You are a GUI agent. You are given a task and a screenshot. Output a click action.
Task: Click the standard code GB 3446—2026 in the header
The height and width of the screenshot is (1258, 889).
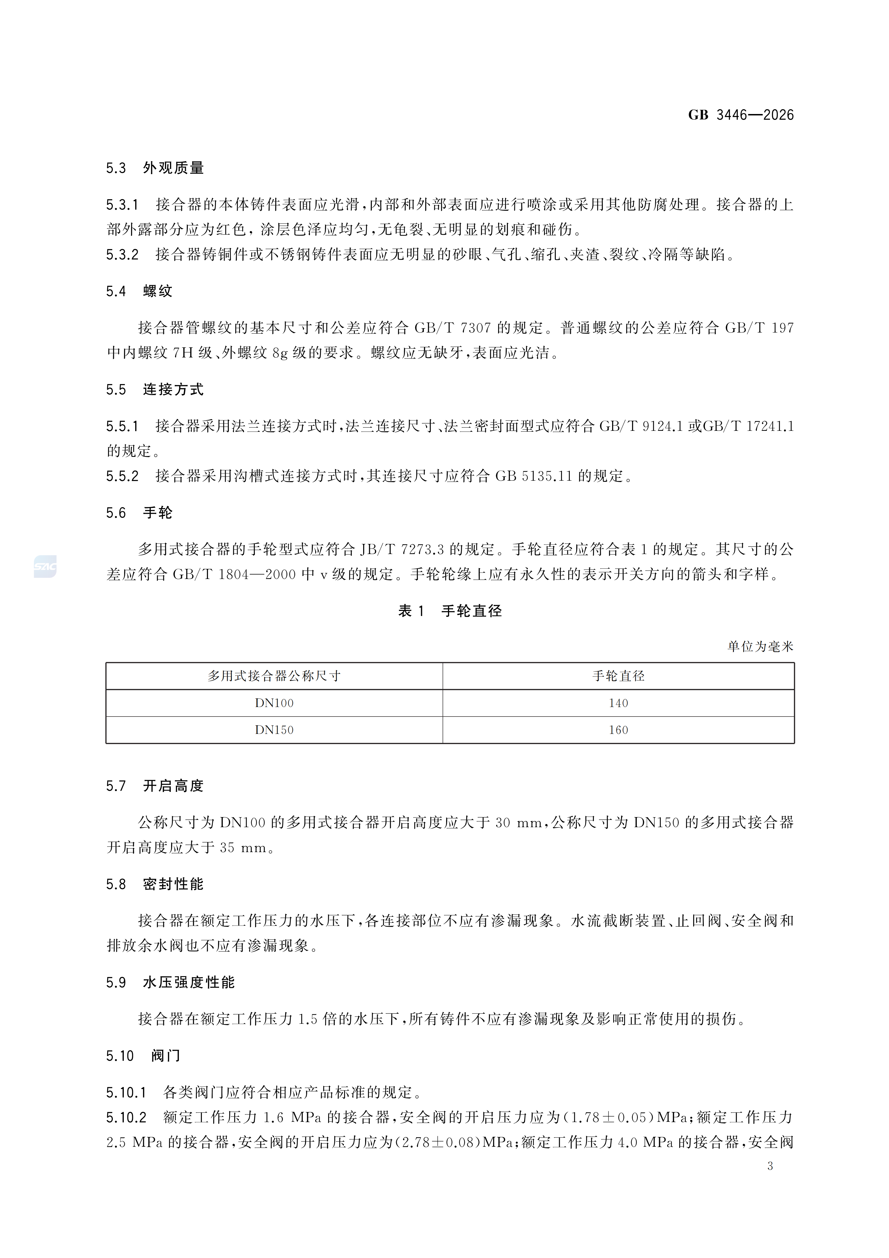[x=741, y=115]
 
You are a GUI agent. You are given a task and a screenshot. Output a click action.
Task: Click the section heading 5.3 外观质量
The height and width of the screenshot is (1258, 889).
[x=155, y=168]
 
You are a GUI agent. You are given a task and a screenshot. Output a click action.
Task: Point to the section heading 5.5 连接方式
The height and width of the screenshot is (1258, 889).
[x=155, y=390]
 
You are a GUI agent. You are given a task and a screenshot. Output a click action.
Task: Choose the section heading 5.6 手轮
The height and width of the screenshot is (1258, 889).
[x=139, y=513]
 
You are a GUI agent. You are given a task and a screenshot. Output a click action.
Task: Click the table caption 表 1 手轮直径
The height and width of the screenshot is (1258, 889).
[x=450, y=611]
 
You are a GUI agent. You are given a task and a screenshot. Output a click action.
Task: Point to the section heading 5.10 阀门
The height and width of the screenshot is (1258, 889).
[x=143, y=1056]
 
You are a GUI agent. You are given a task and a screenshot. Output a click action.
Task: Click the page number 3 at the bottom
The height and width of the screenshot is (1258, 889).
[x=770, y=1166]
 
